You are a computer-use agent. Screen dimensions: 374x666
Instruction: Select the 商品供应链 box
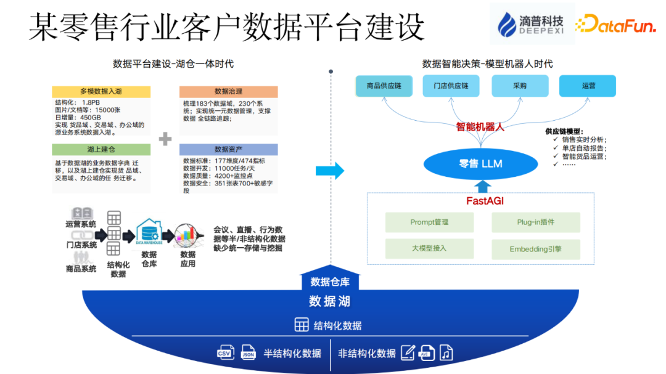point(384,86)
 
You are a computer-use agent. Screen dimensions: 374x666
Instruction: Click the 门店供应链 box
point(451,86)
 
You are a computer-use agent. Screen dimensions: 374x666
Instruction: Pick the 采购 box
point(519,86)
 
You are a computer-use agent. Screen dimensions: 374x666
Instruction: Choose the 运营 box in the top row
point(588,86)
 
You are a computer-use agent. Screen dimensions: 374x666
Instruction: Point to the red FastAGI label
point(481,201)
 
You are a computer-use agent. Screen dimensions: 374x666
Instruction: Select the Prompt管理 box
point(429,222)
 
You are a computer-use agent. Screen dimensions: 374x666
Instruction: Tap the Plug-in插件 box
point(536,222)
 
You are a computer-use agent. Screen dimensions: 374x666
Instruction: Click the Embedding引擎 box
point(536,249)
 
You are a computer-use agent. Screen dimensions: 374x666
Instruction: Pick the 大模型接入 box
point(429,249)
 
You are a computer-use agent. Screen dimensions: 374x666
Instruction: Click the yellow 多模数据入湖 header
point(101,91)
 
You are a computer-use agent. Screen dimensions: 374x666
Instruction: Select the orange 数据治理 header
point(228,91)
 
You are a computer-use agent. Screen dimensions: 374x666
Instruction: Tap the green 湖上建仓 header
point(101,150)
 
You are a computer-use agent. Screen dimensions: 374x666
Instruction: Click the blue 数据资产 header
point(228,150)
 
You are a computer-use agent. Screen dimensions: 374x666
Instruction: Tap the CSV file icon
point(226,352)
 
